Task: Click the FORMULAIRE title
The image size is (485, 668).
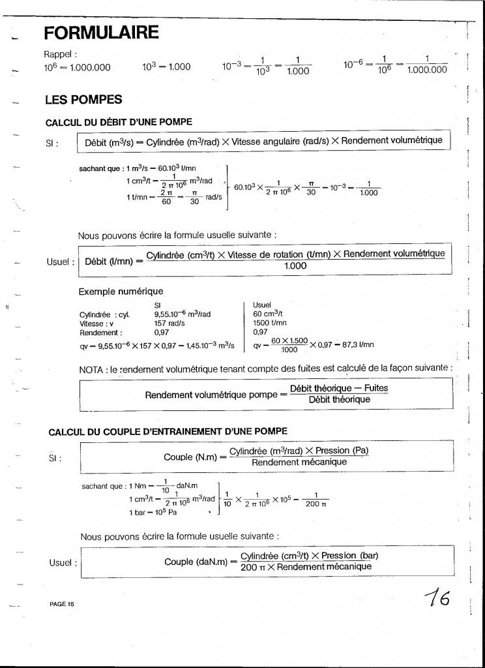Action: pyautogui.click(x=101, y=32)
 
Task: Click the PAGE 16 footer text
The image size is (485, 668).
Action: pyautogui.click(x=62, y=604)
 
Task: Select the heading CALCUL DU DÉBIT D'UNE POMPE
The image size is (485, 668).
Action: pyautogui.click(x=119, y=122)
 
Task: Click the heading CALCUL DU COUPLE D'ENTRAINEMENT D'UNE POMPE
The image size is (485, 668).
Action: pyautogui.click(x=168, y=431)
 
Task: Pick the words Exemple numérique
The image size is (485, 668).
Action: pyautogui.click(x=121, y=291)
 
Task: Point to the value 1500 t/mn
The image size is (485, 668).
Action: pyautogui.click(x=270, y=322)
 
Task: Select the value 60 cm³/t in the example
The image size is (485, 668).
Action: pyautogui.click(x=267, y=314)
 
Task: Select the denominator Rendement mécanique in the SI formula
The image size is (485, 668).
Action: pyautogui.click(x=299, y=463)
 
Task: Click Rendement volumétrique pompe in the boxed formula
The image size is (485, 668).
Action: pyautogui.click(x=211, y=395)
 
